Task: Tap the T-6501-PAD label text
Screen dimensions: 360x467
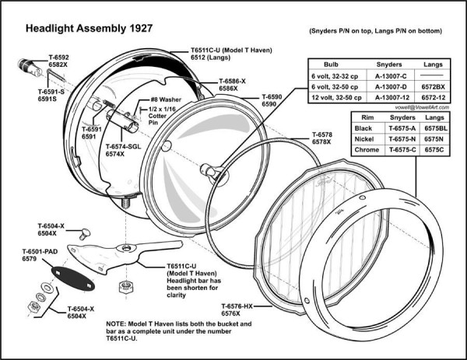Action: [40, 251]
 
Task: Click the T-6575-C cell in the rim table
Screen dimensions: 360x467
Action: [398, 149]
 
